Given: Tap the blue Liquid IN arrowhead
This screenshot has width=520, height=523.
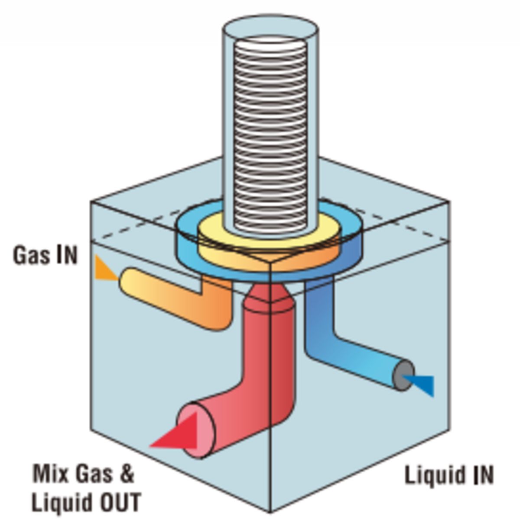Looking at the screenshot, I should coord(422,384).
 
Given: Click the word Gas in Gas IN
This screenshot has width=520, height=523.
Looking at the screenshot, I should coord(32,255).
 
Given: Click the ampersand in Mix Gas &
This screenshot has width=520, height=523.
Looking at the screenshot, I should coord(127,474).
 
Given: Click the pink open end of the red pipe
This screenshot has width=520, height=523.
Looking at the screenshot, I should coord(197,430).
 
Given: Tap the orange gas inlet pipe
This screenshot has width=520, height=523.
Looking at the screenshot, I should coord(173,298).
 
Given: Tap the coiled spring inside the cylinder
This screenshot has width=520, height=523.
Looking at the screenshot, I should coord(270,130).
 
